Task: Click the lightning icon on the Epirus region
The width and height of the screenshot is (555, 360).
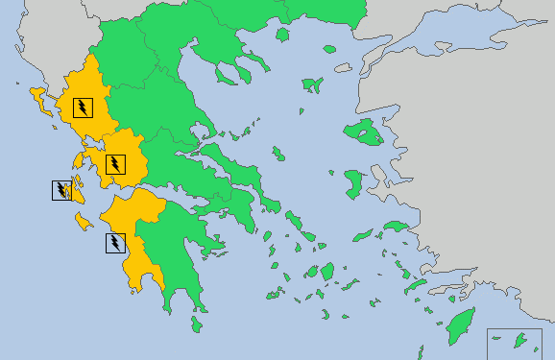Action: (84, 107)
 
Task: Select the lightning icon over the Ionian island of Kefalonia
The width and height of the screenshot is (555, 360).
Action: (61, 190)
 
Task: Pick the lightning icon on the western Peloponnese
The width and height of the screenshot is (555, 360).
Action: (114, 243)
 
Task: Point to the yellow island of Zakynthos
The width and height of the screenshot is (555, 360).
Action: (84, 223)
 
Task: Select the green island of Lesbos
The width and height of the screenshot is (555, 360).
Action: (364, 132)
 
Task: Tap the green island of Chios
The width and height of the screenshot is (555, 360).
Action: (353, 181)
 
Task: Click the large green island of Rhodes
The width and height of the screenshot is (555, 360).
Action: (461, 327)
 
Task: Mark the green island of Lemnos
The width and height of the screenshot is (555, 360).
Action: (312, 85)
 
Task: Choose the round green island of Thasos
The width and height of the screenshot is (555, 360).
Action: (282, 35)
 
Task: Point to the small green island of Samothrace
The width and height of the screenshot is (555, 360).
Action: (329, 48)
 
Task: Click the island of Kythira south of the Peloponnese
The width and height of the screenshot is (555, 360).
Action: (196, 324)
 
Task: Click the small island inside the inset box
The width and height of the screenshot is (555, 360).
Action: (522, 339)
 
